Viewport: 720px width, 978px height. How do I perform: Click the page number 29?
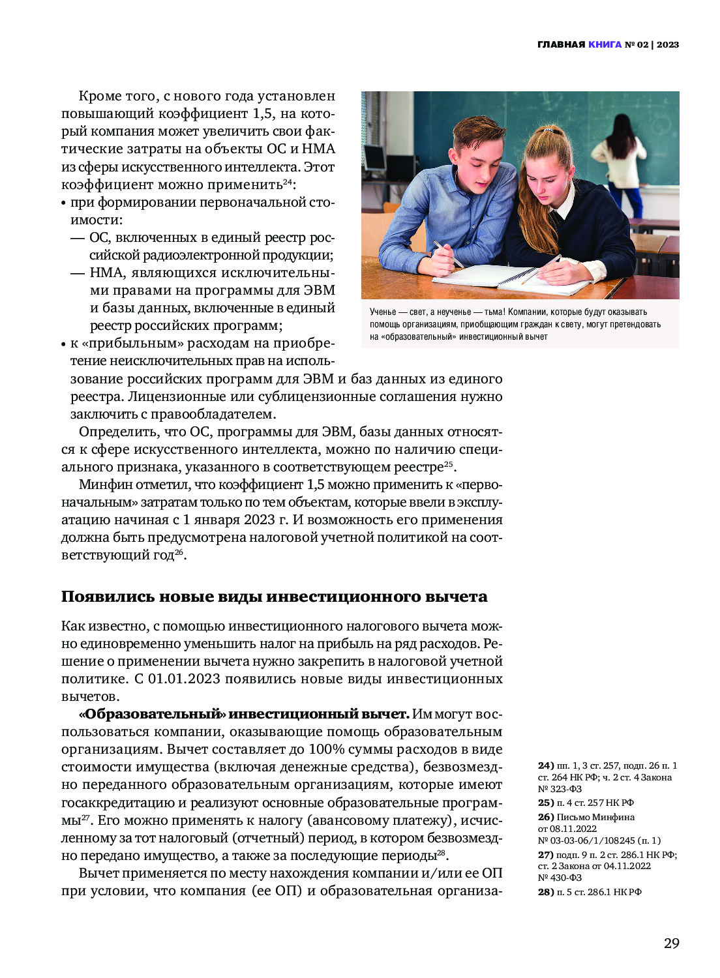671,943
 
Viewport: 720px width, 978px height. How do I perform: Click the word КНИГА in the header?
605,45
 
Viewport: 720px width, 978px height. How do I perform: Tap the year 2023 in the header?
668,45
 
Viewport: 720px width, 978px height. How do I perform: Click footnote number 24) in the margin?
545,765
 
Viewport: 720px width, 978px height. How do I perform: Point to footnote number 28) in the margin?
545,892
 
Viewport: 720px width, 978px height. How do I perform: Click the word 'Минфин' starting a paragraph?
102,484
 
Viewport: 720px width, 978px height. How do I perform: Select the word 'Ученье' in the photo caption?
383,312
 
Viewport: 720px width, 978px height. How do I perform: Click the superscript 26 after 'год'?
179,553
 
